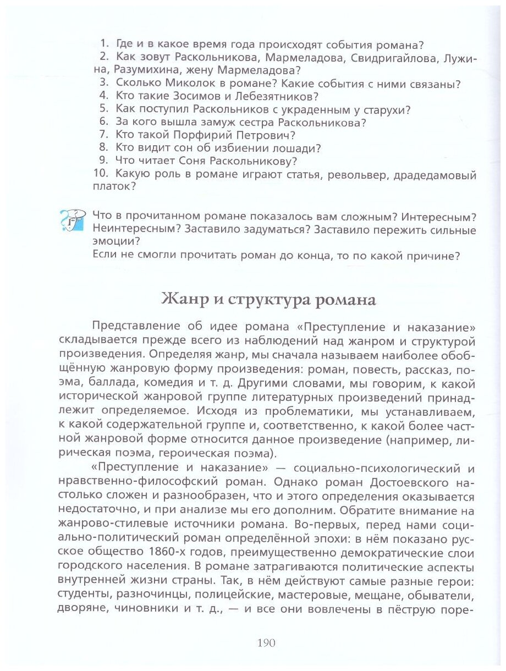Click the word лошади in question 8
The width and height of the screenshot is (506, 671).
300,148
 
